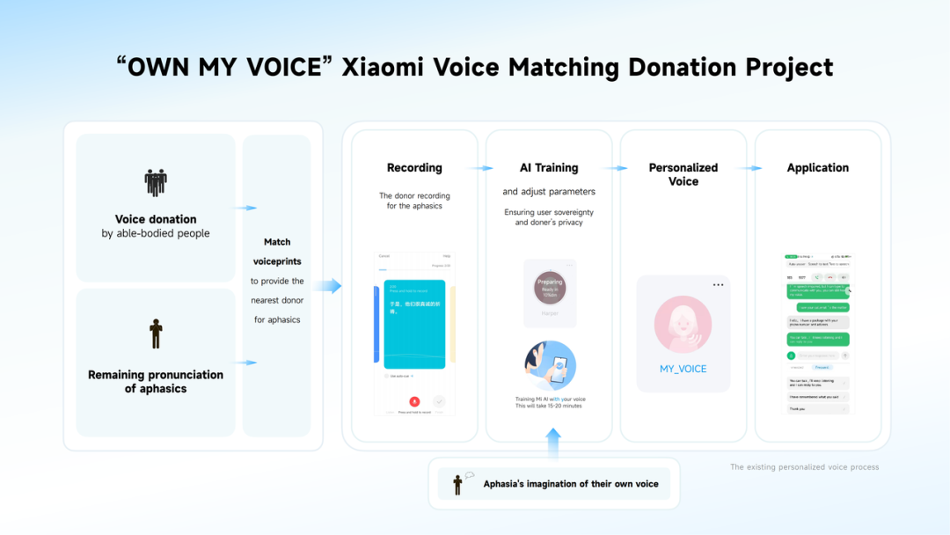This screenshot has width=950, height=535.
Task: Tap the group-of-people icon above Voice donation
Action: [156, 182]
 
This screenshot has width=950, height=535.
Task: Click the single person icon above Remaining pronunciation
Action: [156, 333]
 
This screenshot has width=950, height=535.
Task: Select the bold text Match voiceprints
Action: [277, 252]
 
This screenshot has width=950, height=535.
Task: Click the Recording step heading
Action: [414, 167]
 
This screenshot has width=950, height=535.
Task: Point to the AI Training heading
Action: [549, 167]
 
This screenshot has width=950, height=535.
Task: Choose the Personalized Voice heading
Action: [683, 174]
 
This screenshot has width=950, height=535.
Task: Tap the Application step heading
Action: [818, 167]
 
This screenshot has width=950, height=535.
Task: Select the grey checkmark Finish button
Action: [439, 401]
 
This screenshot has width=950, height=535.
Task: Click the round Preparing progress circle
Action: [549, 287]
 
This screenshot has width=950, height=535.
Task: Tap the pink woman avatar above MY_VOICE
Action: [683, 325]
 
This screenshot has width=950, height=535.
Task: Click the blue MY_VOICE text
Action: [683, 369]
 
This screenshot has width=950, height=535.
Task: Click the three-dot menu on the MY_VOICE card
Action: [719, 285]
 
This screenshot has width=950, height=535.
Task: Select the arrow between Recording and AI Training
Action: [481, 168]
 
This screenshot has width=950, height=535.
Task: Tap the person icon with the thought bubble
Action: [458, 482]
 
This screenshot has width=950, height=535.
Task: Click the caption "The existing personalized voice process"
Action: [804, 467]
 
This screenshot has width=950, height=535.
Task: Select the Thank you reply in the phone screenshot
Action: [797, 408]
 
